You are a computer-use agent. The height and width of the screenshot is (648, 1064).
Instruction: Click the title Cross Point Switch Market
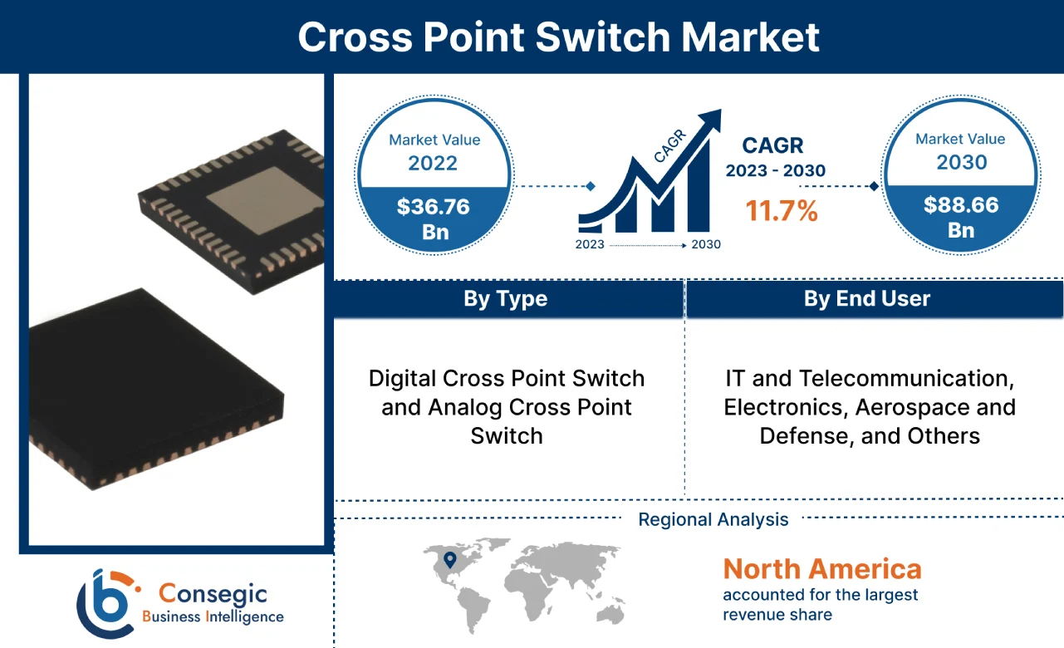coord(558,37)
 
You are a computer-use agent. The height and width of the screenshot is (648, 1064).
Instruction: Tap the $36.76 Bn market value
coord(434,218)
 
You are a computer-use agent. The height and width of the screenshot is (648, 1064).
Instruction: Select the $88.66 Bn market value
coord(961,217)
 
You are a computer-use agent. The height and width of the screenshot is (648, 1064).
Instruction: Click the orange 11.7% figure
coord(781,211)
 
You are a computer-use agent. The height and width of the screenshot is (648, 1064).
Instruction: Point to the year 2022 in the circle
coord(433,162)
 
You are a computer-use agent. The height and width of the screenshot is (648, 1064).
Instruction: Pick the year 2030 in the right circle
coord(961,161)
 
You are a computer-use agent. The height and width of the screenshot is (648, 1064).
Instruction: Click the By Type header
coord(505,299)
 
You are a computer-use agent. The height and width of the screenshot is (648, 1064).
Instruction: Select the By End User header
coord(866,299)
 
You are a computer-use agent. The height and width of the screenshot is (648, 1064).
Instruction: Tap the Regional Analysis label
coord(713,520)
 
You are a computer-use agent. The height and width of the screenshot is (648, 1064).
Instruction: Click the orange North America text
coord(821,569)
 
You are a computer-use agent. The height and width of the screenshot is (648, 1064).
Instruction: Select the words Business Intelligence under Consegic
coord(213,617)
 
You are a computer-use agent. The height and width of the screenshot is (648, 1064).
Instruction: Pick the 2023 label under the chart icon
coord(591,245)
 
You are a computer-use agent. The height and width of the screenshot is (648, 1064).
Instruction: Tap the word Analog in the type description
coord(464,407)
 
